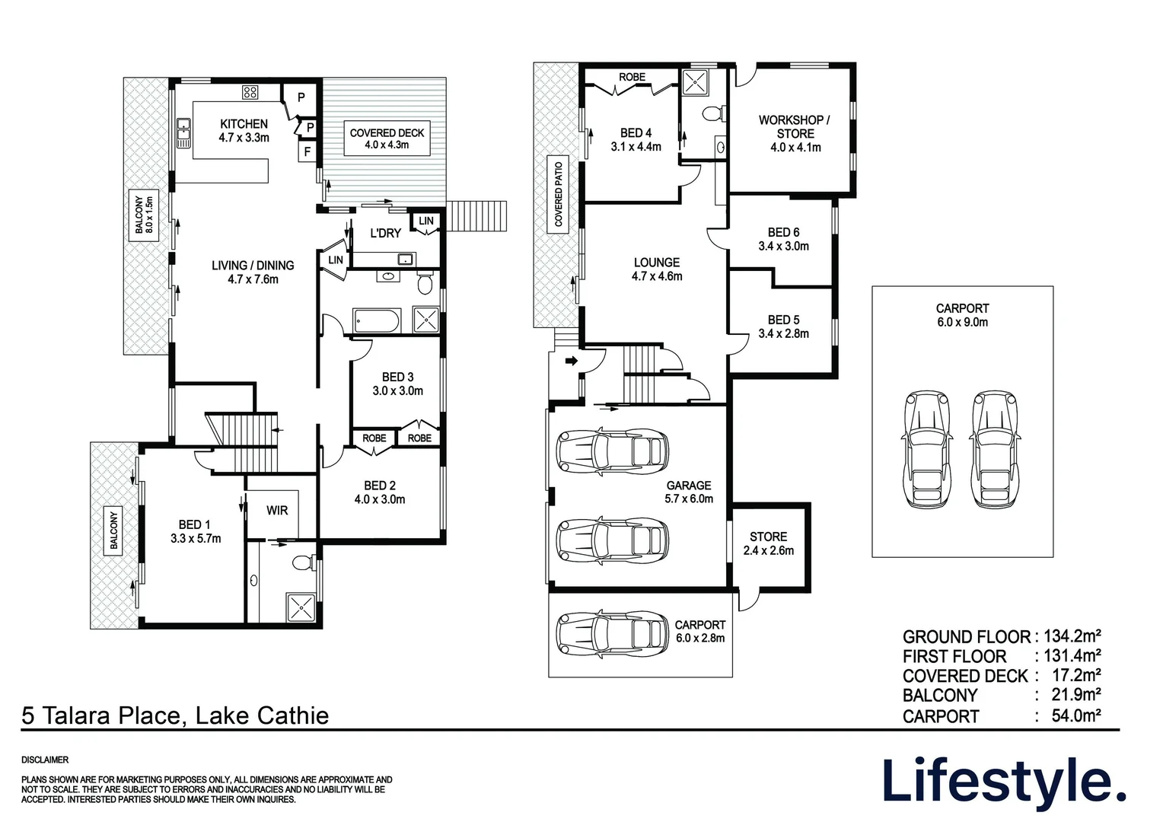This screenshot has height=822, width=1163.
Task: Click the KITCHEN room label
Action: pyautogui.click(x=244, y=124)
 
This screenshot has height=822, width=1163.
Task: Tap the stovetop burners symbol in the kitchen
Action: pyautogui.click(x=250, y=92)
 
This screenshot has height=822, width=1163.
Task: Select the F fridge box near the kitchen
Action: pyautogui.click(x=307, y=151)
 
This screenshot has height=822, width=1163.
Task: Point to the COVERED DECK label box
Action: pyautogui.click(x=387, y=139)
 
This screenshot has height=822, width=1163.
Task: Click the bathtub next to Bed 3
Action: pyautogui.click(x=377, y=321)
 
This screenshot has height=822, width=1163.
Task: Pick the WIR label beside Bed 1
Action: pyautogui.click(x=277, y=511)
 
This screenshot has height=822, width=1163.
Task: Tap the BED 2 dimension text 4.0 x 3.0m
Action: pyautogui.click(x=380, y=499)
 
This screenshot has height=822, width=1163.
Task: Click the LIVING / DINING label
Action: pyautogui.click(x=253, y=266)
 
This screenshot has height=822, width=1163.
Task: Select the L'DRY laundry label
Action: pyautogui.click(x=385, y=234)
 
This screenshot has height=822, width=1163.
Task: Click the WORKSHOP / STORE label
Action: pyautogui.click(x=795, y=126)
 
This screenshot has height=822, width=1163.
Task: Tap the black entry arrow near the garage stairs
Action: pyautogui.click(x=571, y=360)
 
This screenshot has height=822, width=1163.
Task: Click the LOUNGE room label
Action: pyautogui.click(x=657, y=263)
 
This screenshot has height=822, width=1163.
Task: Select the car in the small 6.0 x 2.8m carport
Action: pyautogui.click(x=612, y=634)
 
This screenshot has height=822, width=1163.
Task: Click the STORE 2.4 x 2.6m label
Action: pyautogui.click(x=769, y=543)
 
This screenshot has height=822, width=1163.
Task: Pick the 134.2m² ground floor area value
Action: pyautogui.click(x=1072, y=636)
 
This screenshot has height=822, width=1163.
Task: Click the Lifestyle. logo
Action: pyautogui.click(x=1004, y=784)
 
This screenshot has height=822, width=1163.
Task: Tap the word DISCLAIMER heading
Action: pyautogui.click(x=45, y=760)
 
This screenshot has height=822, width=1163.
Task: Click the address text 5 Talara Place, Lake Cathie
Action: pyautogui.click(x=175, y=715)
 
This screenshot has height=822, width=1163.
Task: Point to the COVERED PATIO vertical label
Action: pyautogui.click(x=558, y=194)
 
